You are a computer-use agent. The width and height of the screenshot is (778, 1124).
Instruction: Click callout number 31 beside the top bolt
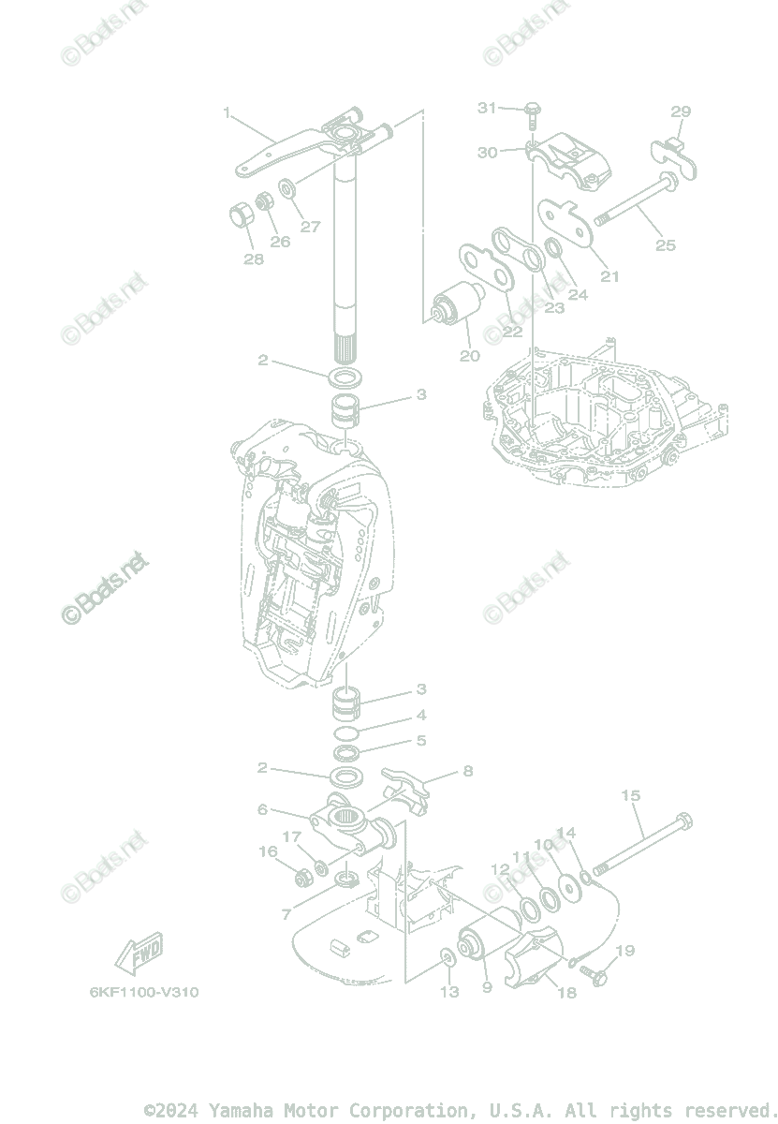487,108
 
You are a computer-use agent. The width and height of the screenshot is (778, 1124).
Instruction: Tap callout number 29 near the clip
681,111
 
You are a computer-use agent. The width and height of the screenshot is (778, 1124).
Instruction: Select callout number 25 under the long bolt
665,245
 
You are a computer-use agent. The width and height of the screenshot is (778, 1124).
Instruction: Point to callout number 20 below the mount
469,355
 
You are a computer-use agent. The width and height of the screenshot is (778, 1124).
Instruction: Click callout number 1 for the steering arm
227,113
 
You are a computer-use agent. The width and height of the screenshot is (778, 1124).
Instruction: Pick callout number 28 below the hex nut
254,259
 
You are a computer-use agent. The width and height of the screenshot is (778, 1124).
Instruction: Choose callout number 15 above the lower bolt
630,796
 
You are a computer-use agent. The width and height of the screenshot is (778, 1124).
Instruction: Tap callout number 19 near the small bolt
624,951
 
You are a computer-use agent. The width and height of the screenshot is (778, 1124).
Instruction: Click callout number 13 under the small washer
449,991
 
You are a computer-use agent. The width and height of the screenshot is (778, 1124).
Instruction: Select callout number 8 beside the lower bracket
467,771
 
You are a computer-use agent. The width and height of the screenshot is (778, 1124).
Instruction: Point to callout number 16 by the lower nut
269,851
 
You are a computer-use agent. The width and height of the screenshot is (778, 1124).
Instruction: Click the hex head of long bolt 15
683,821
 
